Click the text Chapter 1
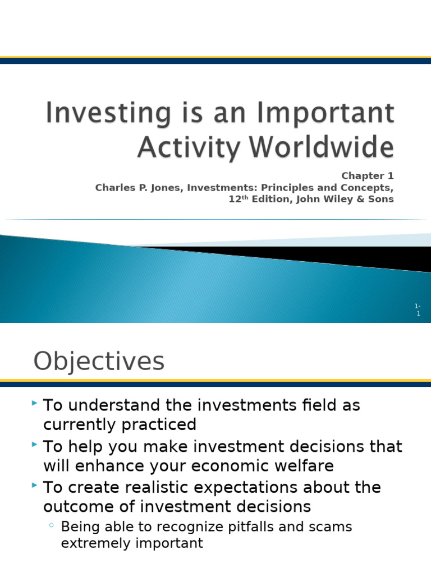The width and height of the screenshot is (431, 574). click(368, 176)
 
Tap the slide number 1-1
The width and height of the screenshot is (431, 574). click(417, 309)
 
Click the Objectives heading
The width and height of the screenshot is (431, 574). click(99, 362)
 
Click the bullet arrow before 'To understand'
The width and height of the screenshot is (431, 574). click(35, 403)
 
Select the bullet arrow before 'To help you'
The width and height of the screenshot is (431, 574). click(35, 445)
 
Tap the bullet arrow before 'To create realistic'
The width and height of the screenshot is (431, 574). click(35, 485)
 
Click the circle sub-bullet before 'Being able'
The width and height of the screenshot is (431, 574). click(52, 526)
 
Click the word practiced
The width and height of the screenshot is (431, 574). click(159, 425)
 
